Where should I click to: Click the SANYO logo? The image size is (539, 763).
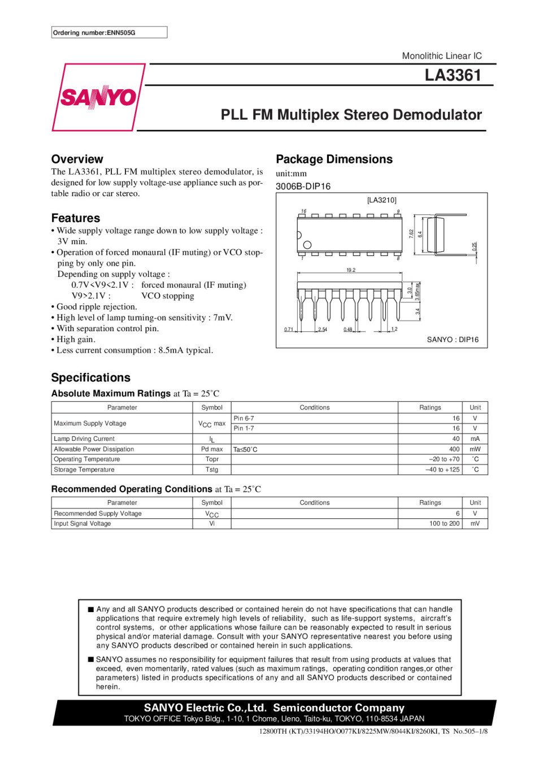98,97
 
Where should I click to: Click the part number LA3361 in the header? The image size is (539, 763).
453,75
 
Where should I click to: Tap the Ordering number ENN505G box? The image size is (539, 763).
109,33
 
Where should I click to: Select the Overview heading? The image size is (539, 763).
77,159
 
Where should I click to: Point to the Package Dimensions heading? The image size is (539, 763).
334,159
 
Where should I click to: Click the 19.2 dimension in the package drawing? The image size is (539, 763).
351,270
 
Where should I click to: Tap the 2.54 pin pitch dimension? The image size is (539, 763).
323,330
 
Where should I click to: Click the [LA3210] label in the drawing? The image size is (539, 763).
381,200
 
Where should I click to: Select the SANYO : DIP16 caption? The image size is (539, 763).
453,340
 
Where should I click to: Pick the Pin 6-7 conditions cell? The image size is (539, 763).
244,418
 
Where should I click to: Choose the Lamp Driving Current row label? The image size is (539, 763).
84,439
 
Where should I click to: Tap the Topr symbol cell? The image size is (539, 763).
212,459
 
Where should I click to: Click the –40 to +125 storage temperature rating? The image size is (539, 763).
442,470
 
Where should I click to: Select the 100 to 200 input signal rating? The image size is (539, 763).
444,524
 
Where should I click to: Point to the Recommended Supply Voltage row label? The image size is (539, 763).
98,514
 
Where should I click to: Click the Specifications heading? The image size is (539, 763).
90,378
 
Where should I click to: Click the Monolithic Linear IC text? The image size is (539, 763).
441,56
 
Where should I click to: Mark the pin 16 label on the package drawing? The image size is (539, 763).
303,211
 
